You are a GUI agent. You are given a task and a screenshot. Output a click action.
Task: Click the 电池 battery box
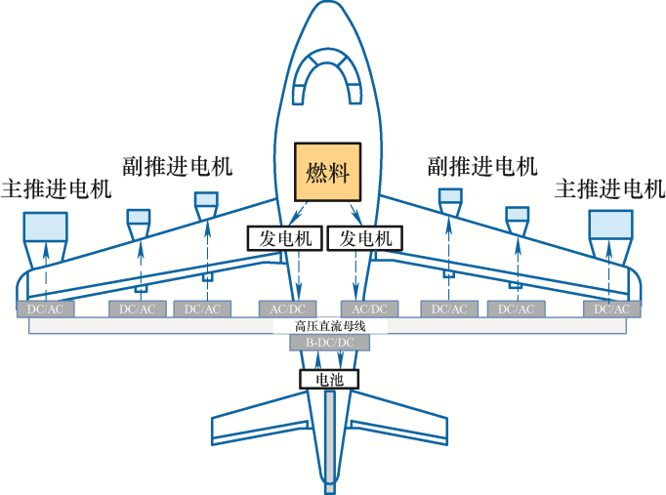coord(329,380)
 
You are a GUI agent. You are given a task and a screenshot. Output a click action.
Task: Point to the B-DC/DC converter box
coord(330,343)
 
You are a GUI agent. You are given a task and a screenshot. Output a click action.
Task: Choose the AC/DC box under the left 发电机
coord(287,309)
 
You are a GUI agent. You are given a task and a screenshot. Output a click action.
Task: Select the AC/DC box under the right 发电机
coord(369,309)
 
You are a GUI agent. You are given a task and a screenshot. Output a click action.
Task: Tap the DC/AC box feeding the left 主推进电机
coord(46,309)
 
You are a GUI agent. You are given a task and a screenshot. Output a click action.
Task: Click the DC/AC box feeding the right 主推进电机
coord(612,309)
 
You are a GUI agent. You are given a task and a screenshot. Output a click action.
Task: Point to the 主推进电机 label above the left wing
coord(57,187)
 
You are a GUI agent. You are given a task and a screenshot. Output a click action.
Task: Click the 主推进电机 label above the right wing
coord(608,187)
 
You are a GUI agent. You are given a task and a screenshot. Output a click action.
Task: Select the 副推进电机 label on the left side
coord(178,165)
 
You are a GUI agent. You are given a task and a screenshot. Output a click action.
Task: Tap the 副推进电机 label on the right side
coord(482,165)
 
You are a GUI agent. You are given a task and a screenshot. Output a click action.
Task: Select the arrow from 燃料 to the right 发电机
coord(357,213)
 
